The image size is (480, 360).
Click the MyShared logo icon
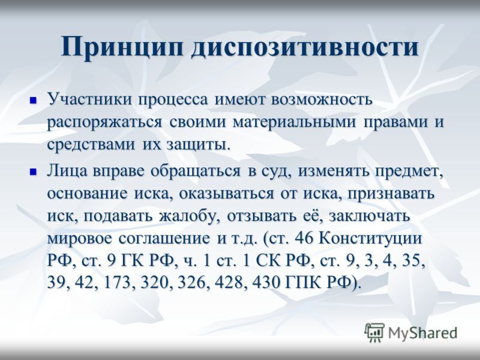(x=374, y=332)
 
